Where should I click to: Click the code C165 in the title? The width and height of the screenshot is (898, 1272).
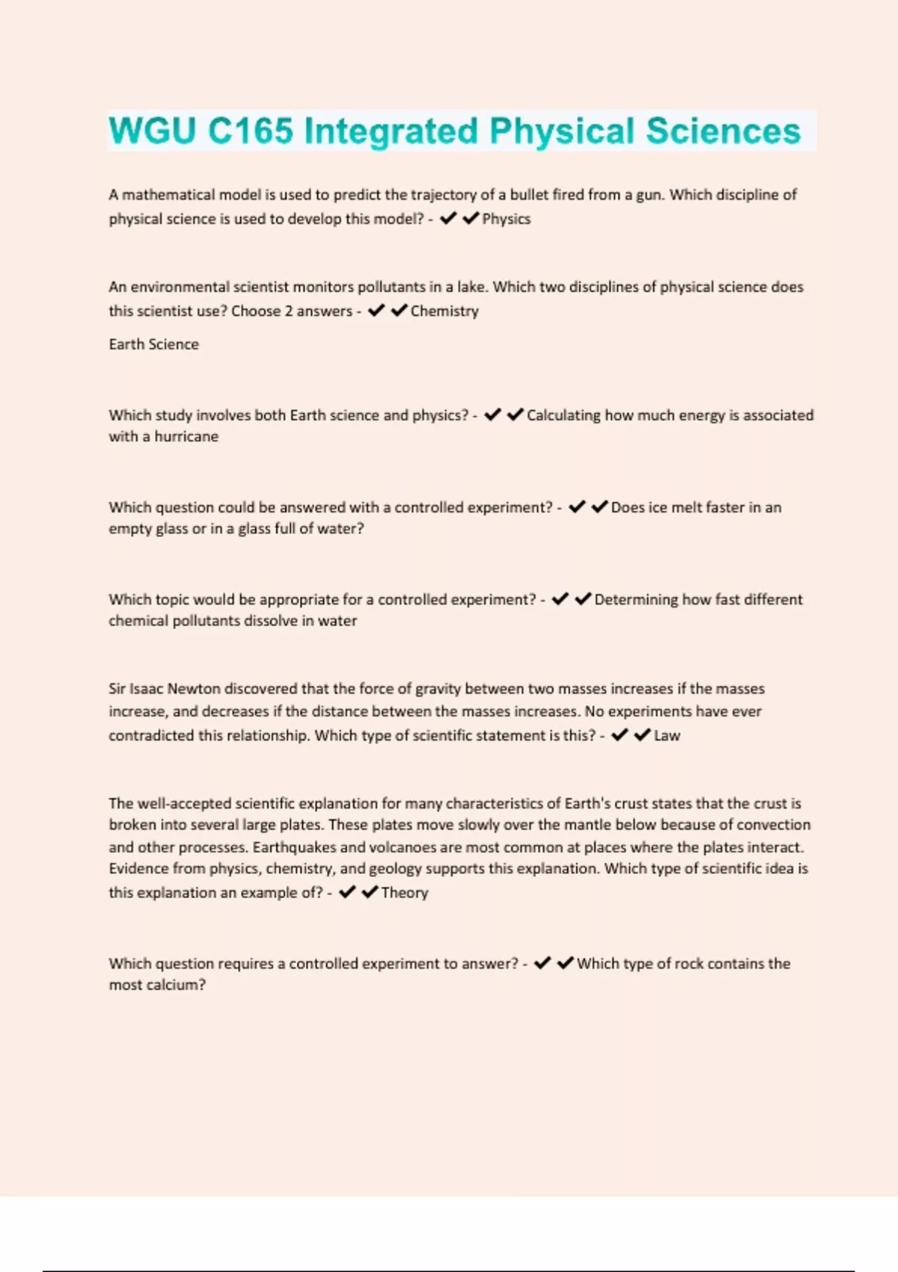250,131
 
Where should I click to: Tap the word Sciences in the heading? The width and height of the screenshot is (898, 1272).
723,131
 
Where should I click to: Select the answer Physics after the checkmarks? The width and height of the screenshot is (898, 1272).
507,219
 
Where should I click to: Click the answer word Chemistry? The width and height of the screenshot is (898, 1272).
445,311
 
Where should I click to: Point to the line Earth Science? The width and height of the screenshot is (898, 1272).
153,344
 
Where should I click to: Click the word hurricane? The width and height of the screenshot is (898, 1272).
186,436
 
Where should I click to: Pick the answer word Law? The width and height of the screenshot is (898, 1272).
667,736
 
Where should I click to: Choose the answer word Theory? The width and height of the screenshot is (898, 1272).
404,893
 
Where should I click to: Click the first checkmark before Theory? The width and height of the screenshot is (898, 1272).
346,892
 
